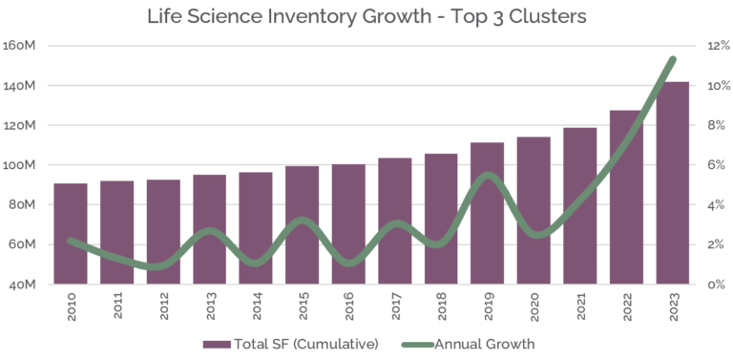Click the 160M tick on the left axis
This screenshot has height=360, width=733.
pos(20,46)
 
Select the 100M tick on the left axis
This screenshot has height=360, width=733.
pos(20,165)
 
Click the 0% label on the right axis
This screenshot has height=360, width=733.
pos(715,285)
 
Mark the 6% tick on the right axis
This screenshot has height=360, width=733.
pos(715,165)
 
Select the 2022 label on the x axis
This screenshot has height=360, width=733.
pos(631,307)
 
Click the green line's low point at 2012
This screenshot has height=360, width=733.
pos(162,265)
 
